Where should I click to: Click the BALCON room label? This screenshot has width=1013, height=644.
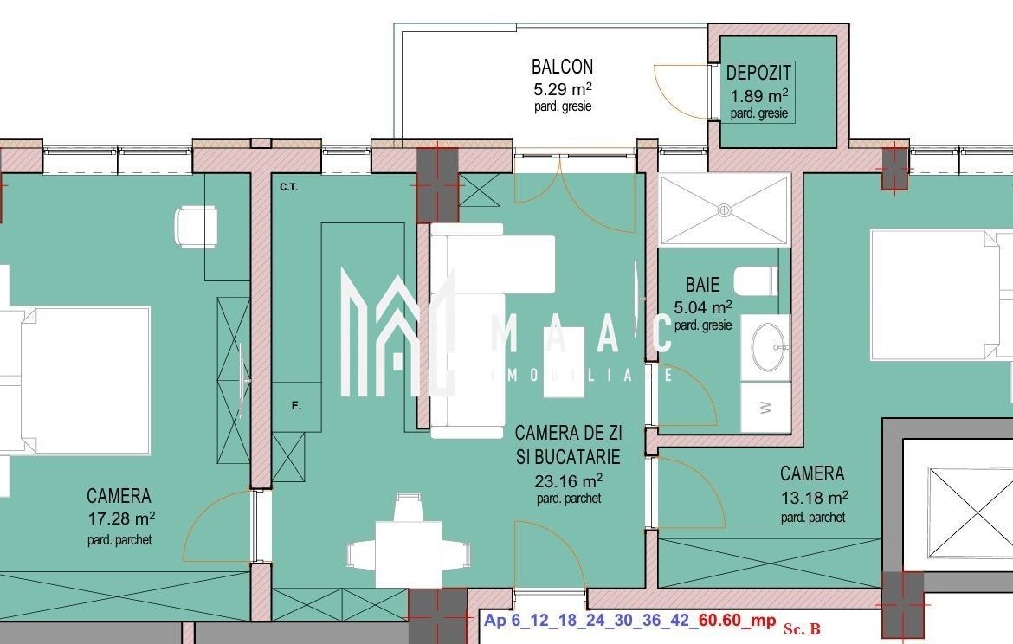click(562, 67)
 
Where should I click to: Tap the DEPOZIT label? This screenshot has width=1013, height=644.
click(758, 73)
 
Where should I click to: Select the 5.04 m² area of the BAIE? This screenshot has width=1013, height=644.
click(703, 306)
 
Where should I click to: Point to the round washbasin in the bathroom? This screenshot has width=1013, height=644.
click(769, 346)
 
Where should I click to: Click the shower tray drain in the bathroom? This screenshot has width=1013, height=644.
click(725, 210)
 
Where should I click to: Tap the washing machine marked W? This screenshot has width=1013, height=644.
click(765, 408)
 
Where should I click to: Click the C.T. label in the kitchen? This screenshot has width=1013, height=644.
click(289, 187)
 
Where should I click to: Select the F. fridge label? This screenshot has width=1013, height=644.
click(296, 406)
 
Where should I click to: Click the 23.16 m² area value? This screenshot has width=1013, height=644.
click(569, 480)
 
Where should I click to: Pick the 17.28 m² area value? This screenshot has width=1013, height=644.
click(121, 518)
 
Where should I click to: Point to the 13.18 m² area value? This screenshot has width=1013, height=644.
click(814, 498)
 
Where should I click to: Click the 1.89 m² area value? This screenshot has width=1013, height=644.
click(759, 95)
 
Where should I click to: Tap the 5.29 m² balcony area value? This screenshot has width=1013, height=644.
click(563, 88)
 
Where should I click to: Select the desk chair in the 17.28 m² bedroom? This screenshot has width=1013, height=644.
click(196, 227)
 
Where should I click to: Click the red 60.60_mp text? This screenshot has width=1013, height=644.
click(737, 620)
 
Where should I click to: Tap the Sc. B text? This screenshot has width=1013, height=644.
click(802, 628)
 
